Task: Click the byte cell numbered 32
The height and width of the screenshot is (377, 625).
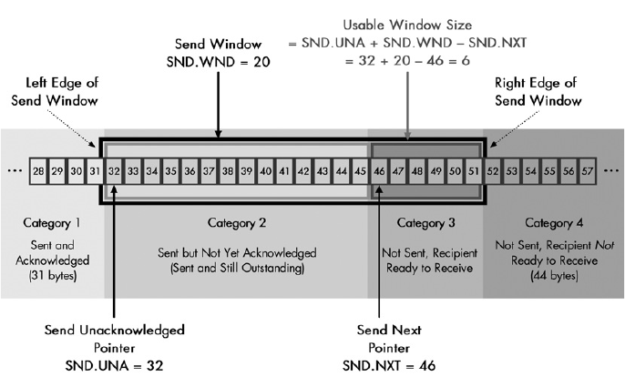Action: (x=113, y=170)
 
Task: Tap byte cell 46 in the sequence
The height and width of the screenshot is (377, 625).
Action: (x=379, y=170)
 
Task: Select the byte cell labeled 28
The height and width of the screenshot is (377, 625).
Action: (x=37, y=170)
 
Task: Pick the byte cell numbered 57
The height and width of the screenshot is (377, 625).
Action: (x=588, y=170)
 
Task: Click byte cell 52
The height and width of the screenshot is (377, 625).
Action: (x=493, y=170)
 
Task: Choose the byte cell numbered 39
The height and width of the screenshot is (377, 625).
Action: (x=246, y=170)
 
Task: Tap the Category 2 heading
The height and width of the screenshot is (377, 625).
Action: (x=237, y=221)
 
